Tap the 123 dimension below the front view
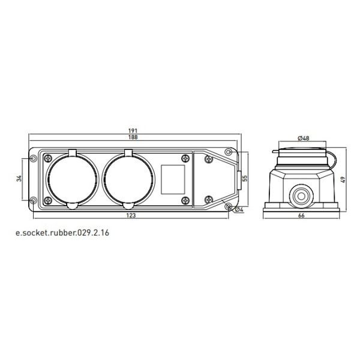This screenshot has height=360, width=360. coord(130,214)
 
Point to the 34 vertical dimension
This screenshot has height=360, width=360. coord(19,179)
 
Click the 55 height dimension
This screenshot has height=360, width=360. coord(244,178)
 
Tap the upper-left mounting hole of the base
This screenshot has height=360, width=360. coord(34,158)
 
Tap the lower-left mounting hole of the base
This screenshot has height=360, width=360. coord(34,200)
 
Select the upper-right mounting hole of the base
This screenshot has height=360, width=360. coord(228,152)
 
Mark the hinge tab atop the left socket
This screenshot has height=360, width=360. coord(72,153)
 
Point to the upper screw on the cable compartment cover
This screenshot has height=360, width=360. coord(208,159)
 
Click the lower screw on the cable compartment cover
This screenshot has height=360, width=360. coord(208,200)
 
